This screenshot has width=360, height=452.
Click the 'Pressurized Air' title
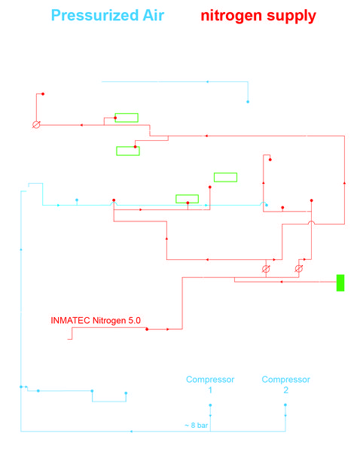click(108, 15)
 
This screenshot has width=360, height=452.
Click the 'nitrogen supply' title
click(258, 16)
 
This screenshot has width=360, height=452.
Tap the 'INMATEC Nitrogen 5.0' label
click(96, 321)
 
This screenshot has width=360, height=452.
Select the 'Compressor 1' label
click(210, 384)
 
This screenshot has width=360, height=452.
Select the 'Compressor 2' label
click(285, 384)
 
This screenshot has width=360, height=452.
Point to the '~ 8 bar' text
click(196, 426)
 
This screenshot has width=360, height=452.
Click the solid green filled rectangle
click(340, 282)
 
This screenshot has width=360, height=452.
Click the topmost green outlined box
click(127, 118)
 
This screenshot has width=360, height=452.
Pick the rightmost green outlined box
click(225, 177)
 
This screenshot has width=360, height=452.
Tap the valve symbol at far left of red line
click(36, 125)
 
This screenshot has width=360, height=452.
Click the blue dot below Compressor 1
click(210, 405)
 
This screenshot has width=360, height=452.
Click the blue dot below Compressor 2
click(285, 405)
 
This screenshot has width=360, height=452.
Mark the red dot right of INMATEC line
click(147, 329)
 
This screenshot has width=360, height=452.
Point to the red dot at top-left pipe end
click(43, 94)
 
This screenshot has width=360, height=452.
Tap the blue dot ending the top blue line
click(248, 102)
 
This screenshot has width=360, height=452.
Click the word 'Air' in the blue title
click(154, 15)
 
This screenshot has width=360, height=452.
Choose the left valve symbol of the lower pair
click(266, 269)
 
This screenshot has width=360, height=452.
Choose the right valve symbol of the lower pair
click(299, 269)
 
